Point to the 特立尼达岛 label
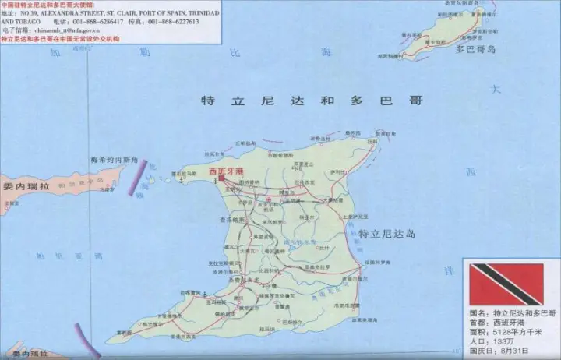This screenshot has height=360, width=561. (387, 234)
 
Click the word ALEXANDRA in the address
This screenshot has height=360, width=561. (63, 13)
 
